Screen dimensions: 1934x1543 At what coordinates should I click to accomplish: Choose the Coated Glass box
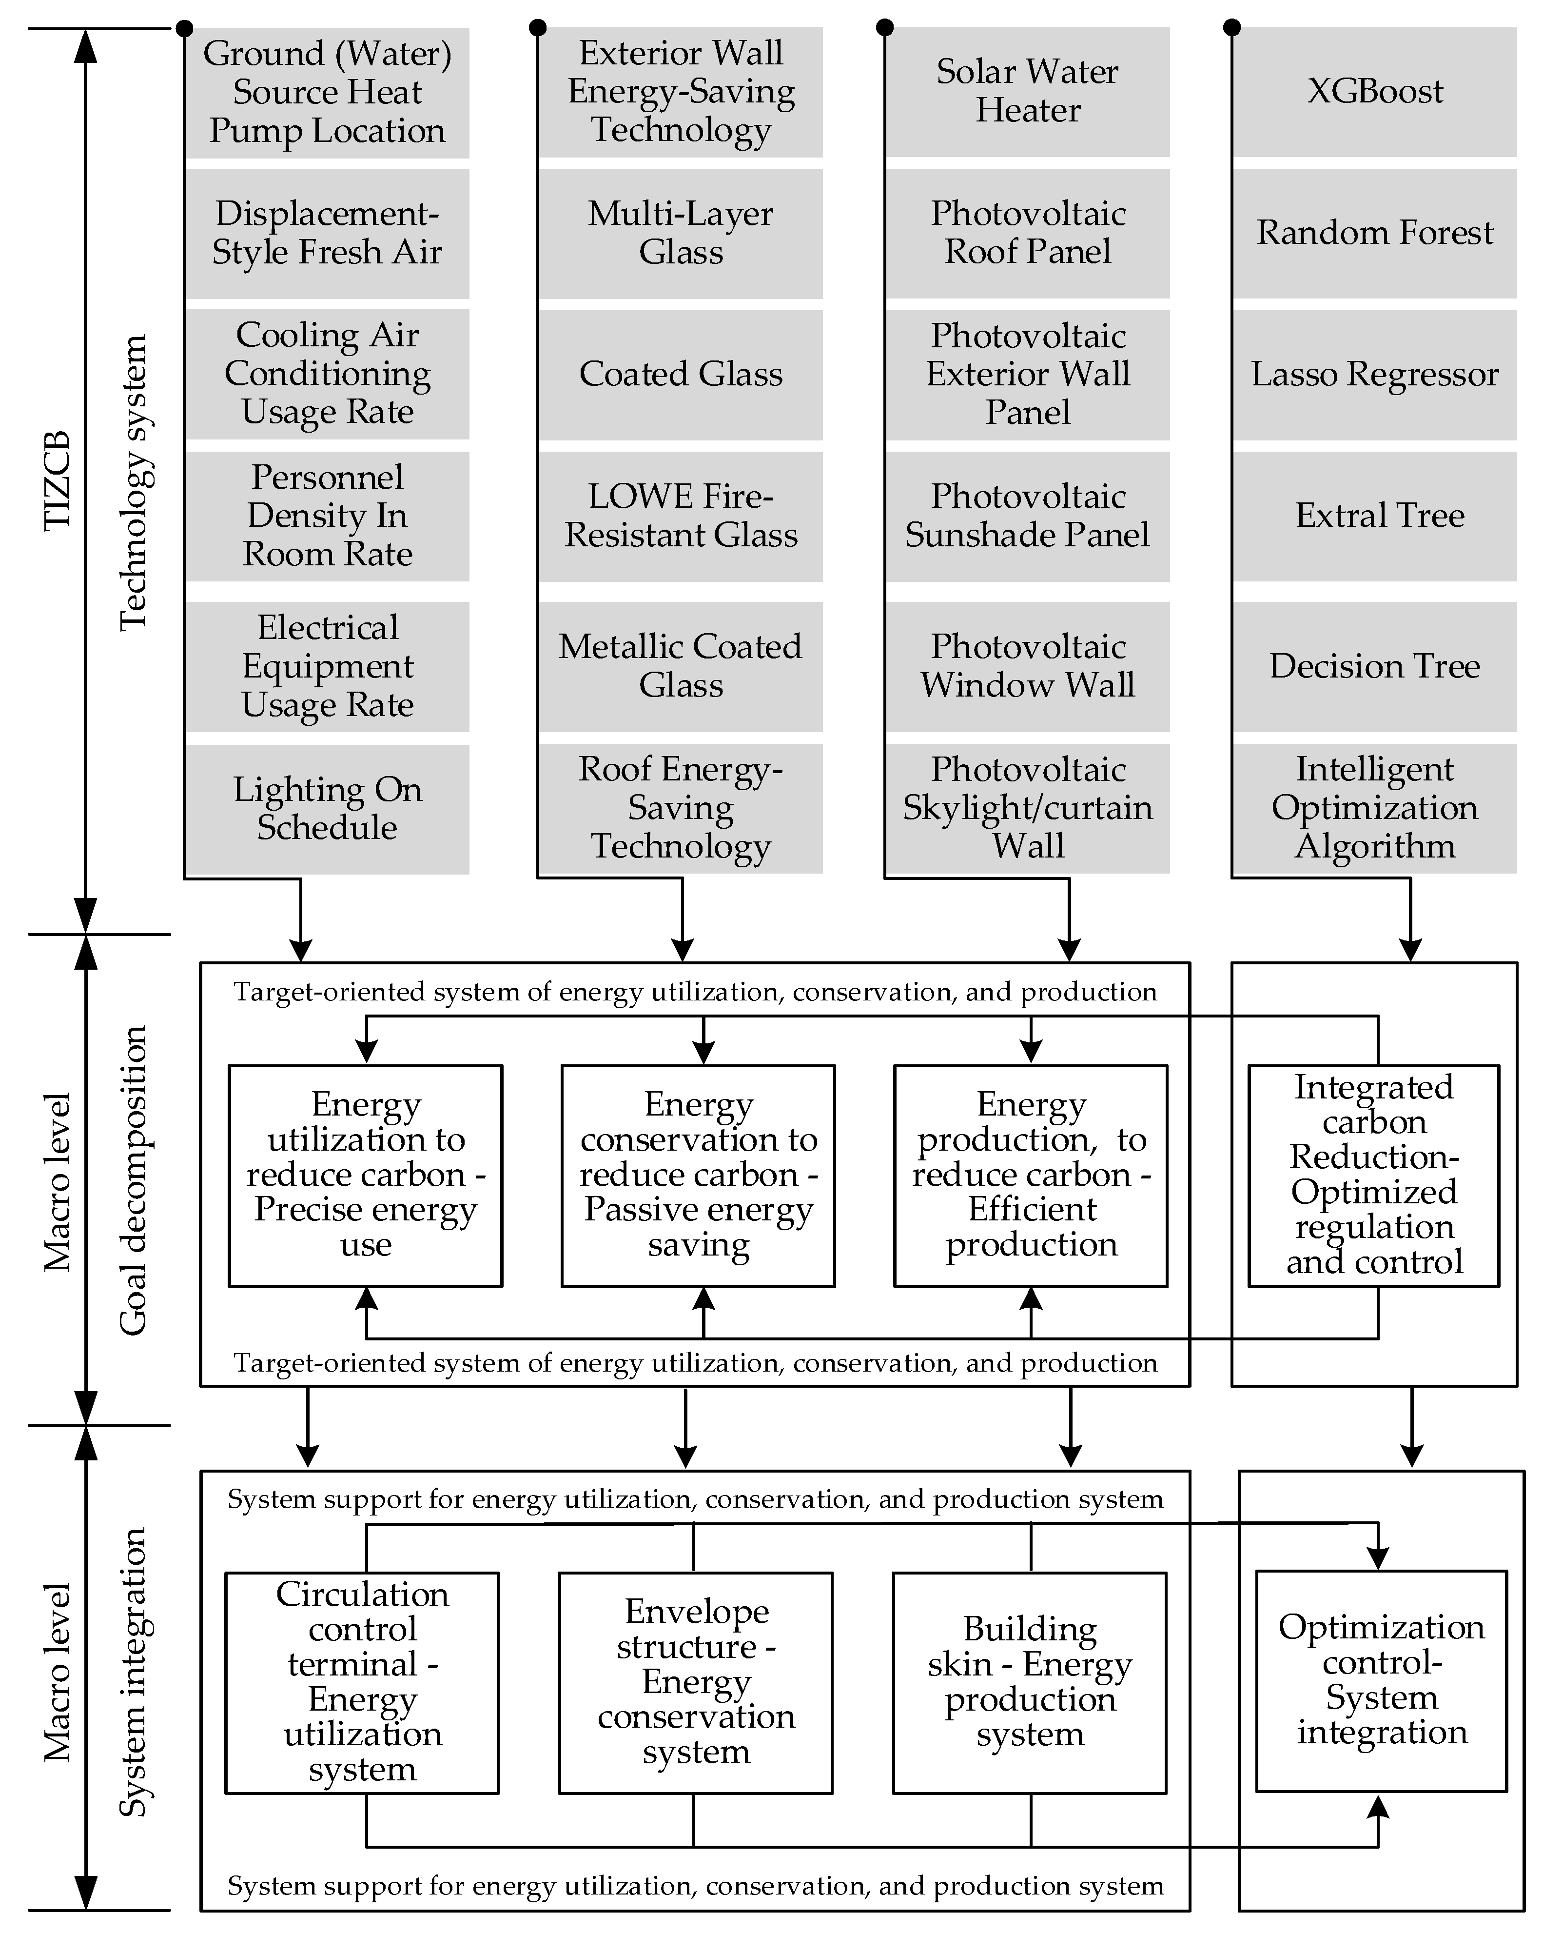[x=681, y=374]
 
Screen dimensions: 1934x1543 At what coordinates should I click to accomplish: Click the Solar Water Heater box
[x=1028, y=92]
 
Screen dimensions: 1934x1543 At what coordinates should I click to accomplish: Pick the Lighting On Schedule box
[x=327, y=808]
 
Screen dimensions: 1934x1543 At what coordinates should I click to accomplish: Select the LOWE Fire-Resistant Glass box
[x=681, y=516]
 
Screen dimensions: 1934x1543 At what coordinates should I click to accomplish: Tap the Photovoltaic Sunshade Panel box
[x=1028, y=516]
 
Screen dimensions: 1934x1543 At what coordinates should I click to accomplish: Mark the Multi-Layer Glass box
[x=681, y=233]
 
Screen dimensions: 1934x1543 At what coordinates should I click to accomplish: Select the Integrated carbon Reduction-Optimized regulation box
[x=1373, y=1175]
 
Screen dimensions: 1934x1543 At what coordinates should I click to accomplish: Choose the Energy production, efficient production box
[x=1030, y=1175]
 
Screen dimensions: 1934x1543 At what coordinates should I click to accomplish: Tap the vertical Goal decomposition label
[x=133, y=1180]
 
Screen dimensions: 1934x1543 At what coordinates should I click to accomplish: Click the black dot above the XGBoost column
[x=1232, y=28]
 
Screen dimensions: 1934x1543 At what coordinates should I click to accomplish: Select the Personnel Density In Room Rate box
[x=327, y=516]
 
